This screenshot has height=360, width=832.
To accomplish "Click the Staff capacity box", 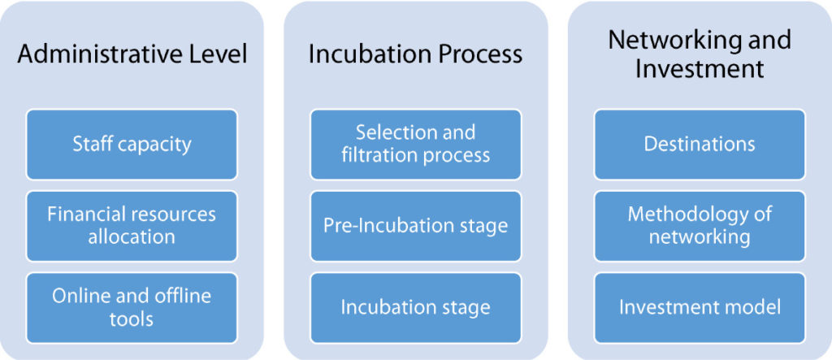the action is coord(132,145).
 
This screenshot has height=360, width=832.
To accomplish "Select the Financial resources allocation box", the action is coord(132,226).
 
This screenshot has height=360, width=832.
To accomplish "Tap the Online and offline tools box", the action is coord(132,308).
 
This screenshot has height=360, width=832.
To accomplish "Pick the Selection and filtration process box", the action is coord(415,145).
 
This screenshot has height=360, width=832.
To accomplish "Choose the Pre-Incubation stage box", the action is coord(415,226).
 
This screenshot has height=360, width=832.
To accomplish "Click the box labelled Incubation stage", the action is coord(415,308).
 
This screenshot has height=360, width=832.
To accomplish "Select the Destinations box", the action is coord(700,145).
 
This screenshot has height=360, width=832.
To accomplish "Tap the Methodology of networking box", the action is coord(700,226).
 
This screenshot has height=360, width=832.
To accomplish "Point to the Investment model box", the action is coord(700,308).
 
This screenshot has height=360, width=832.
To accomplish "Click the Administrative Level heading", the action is coord(132,54).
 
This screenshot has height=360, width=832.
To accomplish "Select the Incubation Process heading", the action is coord(415,54).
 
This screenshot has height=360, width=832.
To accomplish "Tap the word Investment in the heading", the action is coord(700,70).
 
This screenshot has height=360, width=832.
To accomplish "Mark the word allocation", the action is coord(132,236).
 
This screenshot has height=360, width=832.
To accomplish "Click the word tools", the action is coord(132,319).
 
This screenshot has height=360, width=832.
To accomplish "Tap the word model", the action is coord(756,307).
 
